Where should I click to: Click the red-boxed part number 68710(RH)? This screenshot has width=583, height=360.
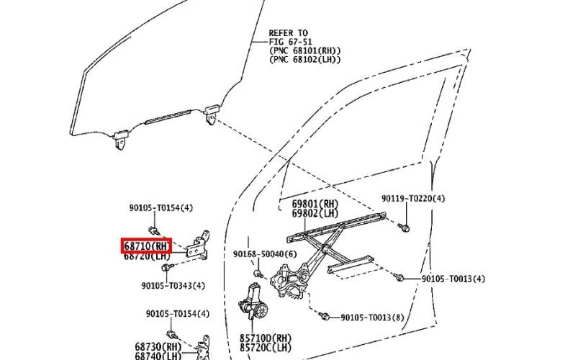click(x=146, y=246)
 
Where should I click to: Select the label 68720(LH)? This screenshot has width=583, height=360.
click(x=146, y=256)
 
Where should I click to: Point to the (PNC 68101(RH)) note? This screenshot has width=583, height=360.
click(x=304, y=51)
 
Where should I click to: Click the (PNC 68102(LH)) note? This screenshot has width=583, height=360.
click(x=304, y=60)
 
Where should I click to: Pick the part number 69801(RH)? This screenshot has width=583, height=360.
click(x=315, y=204)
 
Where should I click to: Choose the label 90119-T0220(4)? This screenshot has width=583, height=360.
click(x=413, y=198)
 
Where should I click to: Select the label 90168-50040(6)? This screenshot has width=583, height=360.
click(x=264, y=253)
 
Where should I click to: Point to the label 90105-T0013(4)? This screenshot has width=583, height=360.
click(x=453, y=279)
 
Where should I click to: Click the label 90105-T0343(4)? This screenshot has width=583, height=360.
click(x=173, y=285)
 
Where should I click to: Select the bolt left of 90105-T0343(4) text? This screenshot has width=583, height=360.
click(x=167, y=269)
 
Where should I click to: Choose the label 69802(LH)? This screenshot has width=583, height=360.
click(x=315, y=213)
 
